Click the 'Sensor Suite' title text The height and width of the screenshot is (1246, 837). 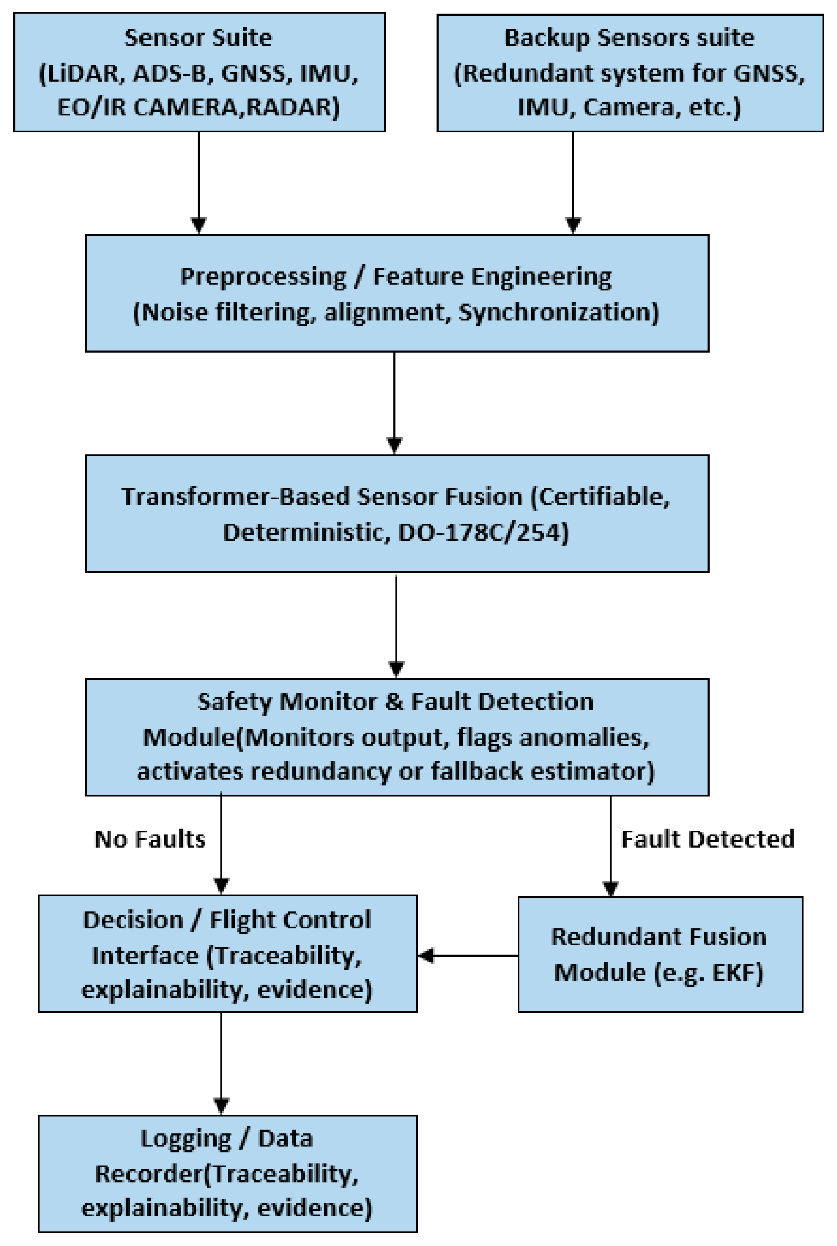pyautogui.click(x=198, y=38)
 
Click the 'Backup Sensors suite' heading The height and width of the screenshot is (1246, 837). pyautogui.click(x=629, y=38)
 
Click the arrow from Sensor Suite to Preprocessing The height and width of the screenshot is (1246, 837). pyautogui.click(x=199, y=182)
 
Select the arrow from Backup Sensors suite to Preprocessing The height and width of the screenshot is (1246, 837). pyautogui.click(x=573, y=182)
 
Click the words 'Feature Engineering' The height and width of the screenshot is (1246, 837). pyautogui.click(x=492, y=276)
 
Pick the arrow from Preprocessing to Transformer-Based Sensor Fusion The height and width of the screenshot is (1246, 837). pyautogui.click(x=394, y=403)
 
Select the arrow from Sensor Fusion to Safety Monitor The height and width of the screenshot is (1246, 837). pyautogui.click(x=396, y=625)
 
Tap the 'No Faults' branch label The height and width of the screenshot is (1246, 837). pyautogui.click(x=150, y=839)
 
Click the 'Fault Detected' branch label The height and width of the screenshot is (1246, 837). pyautogui.click(x=708, y=839)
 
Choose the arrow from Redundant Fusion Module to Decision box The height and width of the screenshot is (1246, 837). pyautogui.click(x=467, y=956)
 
